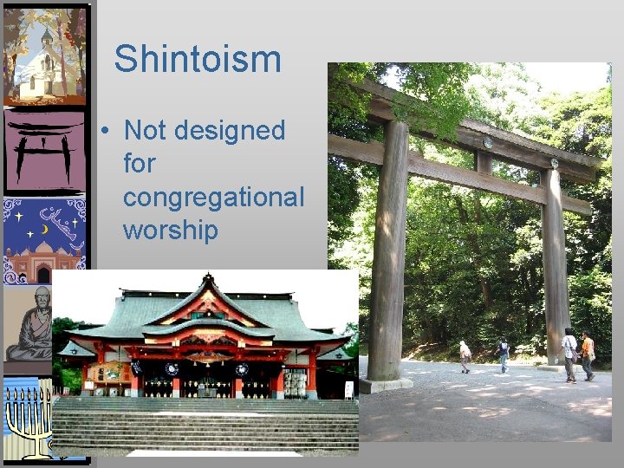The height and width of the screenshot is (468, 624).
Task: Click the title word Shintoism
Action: click(198, 59)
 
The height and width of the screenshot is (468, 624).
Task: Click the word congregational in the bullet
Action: click(213, 197)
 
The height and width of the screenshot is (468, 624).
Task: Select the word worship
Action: click(169, 231)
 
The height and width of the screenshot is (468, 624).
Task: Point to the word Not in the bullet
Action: click(144, 130)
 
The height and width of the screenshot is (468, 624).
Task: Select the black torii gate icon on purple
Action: click(45, 151)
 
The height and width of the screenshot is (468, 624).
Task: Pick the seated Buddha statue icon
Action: click(30, 324)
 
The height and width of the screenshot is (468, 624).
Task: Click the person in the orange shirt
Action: click(588, 354)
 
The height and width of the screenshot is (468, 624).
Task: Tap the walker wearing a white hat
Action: click(465, 356)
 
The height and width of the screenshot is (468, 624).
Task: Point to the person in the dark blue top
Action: click(503, 354)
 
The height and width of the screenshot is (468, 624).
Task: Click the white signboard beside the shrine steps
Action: click(348, 390)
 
